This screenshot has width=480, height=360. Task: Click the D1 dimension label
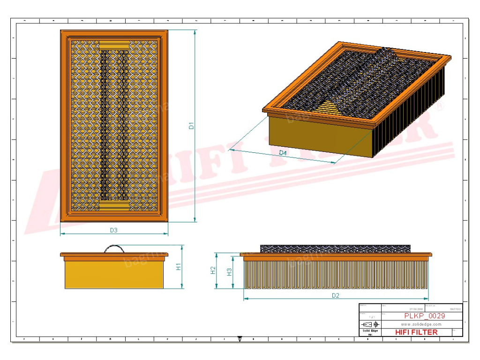tap(191, 126)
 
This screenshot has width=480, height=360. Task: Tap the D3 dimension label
tap(113, 230)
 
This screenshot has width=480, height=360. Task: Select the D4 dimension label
tap(283, 153)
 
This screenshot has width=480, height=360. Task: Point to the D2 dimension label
tap(335, 295)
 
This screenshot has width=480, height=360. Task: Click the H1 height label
tap(179, 266)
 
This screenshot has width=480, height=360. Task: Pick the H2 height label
tap(213, 270)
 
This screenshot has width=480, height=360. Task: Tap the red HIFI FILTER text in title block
tap(416, 332)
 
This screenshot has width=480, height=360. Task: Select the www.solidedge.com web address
tap(421, 324)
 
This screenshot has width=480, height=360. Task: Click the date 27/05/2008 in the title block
tap(416, 309)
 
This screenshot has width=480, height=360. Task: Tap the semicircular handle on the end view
tap(114, 248)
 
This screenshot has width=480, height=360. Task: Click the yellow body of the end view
tap(114, 274)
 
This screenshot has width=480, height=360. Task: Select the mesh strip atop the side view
tap(335, 248)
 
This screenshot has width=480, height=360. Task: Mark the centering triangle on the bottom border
tap(240, 338)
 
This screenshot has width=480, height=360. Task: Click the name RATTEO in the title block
tap(454, 309)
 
